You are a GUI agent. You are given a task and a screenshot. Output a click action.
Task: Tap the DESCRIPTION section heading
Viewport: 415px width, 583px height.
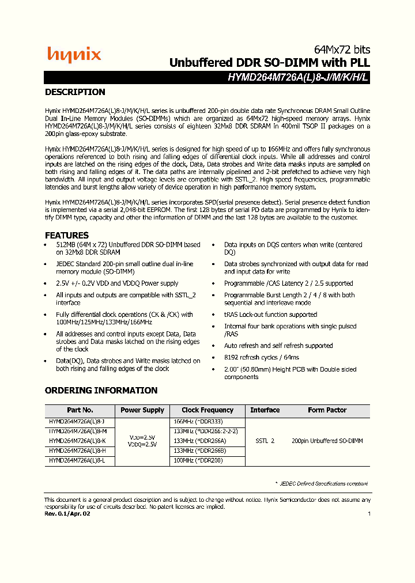point(75,92)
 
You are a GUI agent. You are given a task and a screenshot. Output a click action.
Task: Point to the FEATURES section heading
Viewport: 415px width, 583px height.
point(67,235)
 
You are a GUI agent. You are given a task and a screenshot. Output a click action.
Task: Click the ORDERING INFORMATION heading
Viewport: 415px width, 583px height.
point(101,391)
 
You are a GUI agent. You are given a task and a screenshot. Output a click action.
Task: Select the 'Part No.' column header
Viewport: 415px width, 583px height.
point(80,410)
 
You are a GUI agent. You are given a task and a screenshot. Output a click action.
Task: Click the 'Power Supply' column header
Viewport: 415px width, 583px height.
point(142,410)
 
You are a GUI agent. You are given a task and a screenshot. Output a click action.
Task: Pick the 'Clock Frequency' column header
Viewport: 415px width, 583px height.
point(207,410)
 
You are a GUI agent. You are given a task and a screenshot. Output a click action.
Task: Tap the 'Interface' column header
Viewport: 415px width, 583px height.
point(265,410)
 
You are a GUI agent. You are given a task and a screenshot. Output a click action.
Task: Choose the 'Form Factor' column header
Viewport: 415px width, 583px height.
point(327,410)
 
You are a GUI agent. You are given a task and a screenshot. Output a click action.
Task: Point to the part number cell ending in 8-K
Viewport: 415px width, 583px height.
point(77,441)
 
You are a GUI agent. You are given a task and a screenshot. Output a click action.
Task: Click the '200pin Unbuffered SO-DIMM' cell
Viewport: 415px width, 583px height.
point(327,441)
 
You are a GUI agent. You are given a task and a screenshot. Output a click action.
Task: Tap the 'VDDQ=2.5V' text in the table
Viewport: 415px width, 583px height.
point(142,445)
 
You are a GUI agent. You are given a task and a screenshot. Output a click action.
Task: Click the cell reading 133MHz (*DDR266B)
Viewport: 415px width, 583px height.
point(199,450)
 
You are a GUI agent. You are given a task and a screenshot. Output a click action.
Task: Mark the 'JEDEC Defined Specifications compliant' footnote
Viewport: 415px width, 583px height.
point(322,484)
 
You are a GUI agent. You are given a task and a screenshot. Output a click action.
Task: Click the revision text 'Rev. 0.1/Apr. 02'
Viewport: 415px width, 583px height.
point(67,513)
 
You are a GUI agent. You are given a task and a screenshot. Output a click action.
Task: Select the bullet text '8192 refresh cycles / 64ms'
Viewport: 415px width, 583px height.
point(262,357)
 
